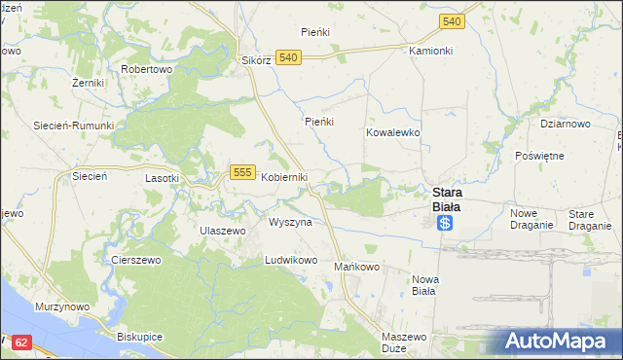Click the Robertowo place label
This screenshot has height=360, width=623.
pyautogui.click(x=146, y=70)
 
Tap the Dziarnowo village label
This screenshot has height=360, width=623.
pyautogui.click(x=566, y=125)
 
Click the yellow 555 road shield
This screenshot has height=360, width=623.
pyautogui.click(x=243, y=172)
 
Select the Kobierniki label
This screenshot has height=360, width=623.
pyautogui.click(x=284, y=177)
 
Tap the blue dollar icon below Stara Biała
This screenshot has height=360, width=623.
pyautogui.click(x=445, y=223)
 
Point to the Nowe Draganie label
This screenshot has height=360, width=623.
pyautogui.click(x=531, y=219)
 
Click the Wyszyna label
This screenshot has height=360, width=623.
pyautogui.click(x=290, y=223)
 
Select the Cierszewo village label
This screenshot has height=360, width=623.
pyautogui.click(x=135, y=261)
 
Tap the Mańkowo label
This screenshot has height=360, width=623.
pyautogui.click(x=356, y=267)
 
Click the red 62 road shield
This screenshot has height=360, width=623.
pyautogui.click(x=23, y=342)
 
